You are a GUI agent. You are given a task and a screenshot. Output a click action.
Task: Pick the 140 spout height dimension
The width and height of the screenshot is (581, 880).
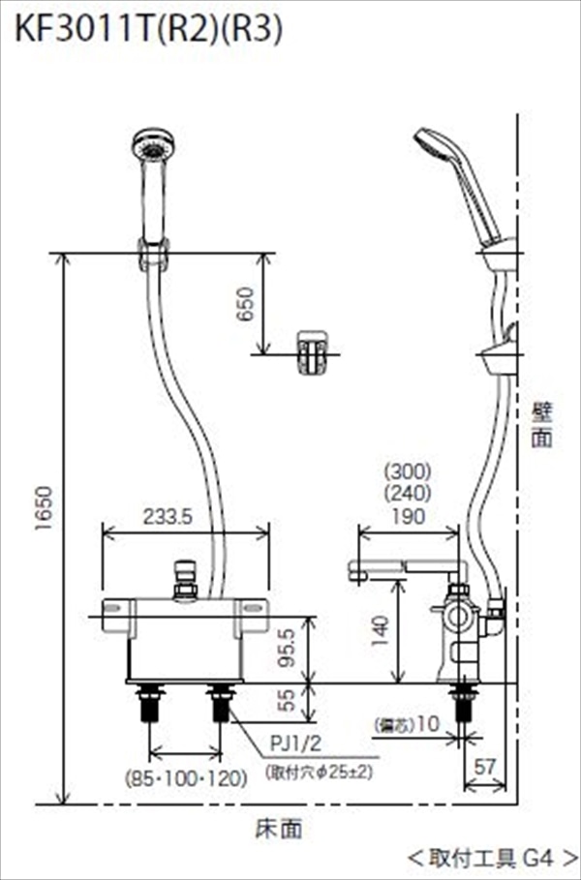pyautogui.click(x=382, y=630)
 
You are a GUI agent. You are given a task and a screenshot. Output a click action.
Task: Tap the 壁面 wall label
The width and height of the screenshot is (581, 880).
pyautogui.click(x=543, y=424)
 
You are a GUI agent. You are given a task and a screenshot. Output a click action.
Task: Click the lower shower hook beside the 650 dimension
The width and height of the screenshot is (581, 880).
pyautogui.click(x=312, y=349)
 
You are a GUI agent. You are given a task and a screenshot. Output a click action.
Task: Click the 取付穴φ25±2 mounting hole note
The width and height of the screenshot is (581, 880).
pyautogui.click(x=318, y=773)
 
